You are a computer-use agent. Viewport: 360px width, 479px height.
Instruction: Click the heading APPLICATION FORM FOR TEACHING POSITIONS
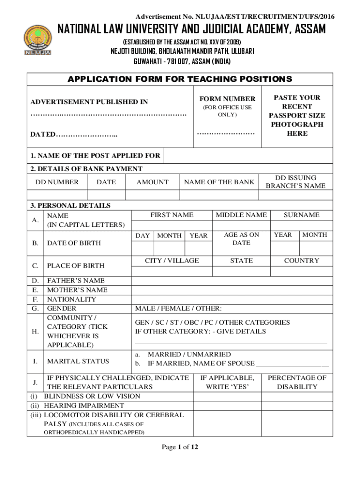click(180, 79)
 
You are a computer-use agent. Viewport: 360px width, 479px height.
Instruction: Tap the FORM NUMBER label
click(227, 99)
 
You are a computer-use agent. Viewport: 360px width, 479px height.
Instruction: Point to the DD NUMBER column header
click(57, 182)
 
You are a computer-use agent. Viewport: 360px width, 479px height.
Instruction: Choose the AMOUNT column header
click(152, 182)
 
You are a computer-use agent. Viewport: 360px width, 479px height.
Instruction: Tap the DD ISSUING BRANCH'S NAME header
click(295, 182)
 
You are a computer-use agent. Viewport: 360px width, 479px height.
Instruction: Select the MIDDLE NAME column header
click(241, 215)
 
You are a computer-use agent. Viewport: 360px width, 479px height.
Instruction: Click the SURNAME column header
click(302, 215)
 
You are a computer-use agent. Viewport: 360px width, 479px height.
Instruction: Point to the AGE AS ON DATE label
click(241, 239)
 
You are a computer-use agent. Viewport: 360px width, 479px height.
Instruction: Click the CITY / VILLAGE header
click(172, 261)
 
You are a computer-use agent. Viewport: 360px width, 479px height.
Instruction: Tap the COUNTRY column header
click(302, 261)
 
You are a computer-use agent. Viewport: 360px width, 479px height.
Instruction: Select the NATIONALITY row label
click(72, 299)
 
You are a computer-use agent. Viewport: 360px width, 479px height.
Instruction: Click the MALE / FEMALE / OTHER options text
click(178, 309)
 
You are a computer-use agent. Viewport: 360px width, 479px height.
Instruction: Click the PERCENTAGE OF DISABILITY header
click(297, 382)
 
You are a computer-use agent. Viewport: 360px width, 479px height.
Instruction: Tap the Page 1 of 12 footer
click(180, 447)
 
